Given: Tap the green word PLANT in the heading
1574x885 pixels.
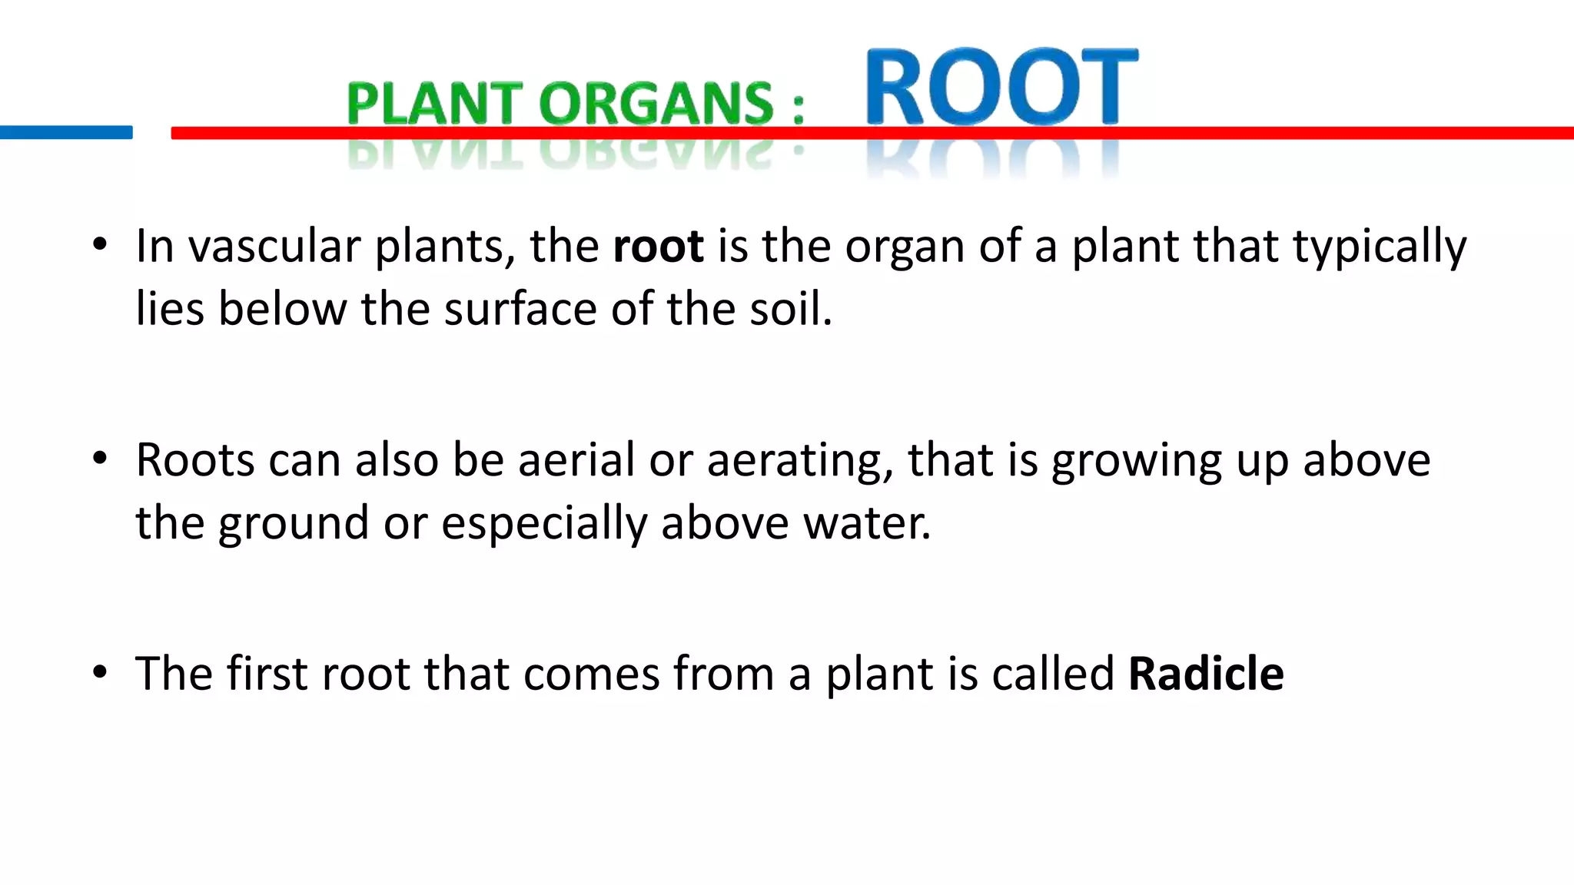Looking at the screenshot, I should coord(434,104).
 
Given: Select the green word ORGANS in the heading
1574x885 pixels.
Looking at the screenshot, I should coord(656,104).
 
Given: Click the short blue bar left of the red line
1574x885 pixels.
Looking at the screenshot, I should coord(66,132).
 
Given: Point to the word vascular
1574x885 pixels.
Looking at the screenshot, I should coord(274,247).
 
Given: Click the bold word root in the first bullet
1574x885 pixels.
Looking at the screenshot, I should coord(658,247).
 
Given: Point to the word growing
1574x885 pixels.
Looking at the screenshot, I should coord(1137,462).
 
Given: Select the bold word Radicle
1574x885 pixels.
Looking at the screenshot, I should coord(1206,674).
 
